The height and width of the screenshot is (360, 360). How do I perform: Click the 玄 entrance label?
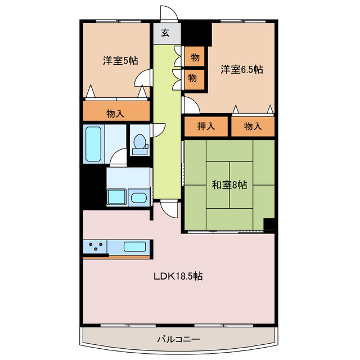point(166,33)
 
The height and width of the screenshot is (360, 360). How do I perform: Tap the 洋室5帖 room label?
point(120,60)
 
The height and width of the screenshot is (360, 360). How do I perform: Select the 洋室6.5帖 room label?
point(241,70)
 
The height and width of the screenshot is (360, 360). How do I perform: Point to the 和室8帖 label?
point(229,184)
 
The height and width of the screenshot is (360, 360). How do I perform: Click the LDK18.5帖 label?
point(179,276)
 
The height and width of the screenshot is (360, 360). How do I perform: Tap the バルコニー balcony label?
point(179,339)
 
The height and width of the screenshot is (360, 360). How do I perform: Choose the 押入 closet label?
point(206,126)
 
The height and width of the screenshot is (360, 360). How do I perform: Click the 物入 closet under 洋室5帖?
point(116,113)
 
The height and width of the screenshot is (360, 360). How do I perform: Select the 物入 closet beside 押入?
point(253,126)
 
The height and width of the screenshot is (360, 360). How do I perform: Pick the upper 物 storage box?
point(195,57)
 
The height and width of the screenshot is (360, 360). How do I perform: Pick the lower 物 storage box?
point(192,78)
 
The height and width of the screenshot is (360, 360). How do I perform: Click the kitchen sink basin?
point(135,246)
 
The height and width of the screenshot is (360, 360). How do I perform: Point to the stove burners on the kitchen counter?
point(96,246)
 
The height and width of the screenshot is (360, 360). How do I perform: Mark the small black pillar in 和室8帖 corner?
point(269,224)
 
